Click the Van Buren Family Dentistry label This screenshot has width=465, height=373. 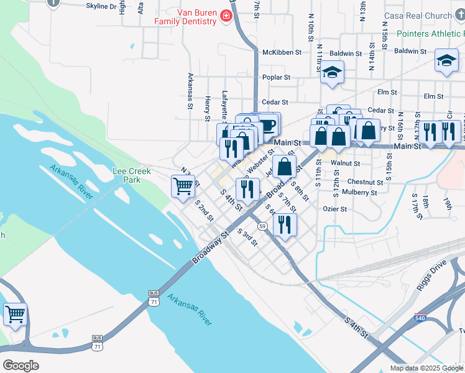(186, 16)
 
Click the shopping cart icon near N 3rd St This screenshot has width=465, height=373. (183, 185)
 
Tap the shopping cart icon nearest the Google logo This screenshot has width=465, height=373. (15, 313)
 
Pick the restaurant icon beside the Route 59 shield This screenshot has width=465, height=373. (284, 224)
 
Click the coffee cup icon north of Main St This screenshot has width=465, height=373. (267, 124)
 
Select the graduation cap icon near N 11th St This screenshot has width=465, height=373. (333, 73)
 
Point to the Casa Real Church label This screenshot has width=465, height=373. (426, 16)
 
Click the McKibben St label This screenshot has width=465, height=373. (281, 53)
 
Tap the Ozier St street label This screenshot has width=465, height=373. (334, 209)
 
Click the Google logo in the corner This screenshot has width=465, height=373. (20, 365)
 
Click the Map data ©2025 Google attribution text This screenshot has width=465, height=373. (426, 368)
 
